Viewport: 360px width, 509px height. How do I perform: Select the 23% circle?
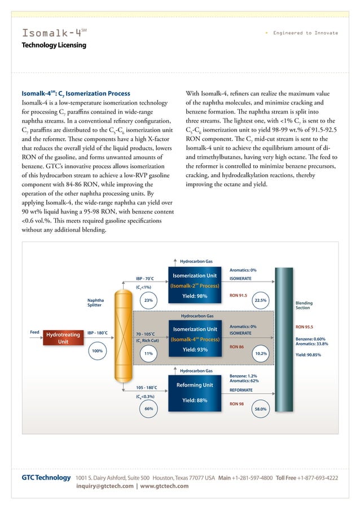click(149, 301)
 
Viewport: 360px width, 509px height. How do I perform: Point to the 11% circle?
click(149, 354)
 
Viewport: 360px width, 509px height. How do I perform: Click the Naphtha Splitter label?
click(94, 303)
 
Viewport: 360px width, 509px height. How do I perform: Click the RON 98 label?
click(237, 404)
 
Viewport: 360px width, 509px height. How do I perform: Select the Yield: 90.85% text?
click(309, 355)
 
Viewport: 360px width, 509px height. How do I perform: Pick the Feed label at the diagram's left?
click(35, 332)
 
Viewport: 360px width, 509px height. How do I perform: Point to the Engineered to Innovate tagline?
click(305, 33)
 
